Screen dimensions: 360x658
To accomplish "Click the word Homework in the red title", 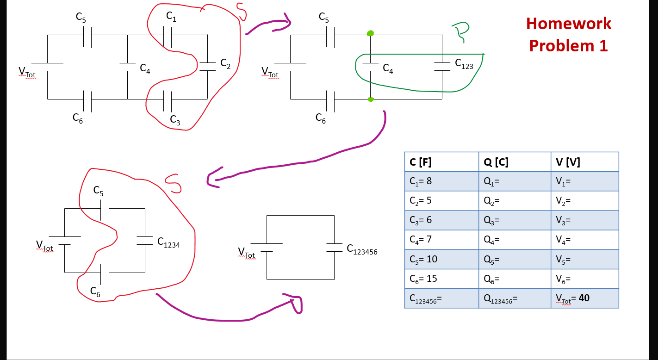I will point(569,24).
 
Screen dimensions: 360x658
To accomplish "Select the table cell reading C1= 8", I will point(441,181).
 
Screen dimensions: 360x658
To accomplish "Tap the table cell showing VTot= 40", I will point(584,298).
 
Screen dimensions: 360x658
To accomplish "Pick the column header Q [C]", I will point(515,162).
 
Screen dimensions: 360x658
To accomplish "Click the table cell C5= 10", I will point(441,259).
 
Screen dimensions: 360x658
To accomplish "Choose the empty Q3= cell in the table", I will point(515,220).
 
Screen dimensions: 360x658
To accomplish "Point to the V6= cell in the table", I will point(584,279).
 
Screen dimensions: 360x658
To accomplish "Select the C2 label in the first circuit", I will point(225,63).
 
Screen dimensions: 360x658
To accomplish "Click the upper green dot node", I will point(370,33).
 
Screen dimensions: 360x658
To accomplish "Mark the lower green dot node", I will point(371,99).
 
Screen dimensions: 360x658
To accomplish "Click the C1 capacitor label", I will point(171,17).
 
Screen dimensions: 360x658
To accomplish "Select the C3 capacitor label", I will point(175,120).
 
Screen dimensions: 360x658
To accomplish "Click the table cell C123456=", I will point(441,298).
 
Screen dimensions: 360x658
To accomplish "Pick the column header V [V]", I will point(584,162).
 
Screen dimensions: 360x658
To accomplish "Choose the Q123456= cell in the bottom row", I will point(515,298).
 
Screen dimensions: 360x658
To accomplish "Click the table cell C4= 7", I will point(441,240).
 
